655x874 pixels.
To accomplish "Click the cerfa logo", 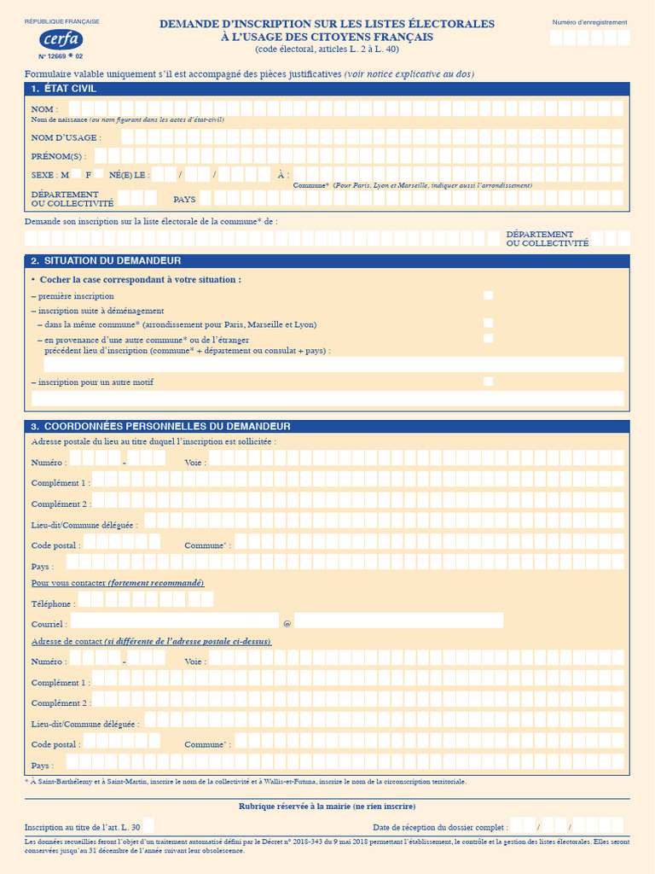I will click(x=61, y=39).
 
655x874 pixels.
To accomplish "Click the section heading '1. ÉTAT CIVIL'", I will click(x=64, y=89).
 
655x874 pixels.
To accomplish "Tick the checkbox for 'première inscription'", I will click(x=488, y=295).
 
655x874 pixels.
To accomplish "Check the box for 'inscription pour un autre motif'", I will click(x=488, y=382).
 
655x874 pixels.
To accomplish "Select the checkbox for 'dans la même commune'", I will click(x=488, y=323).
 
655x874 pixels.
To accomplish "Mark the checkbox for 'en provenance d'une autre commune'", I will click(x=488, y=339).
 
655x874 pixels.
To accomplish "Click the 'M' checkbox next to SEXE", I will click(x=77, y=174).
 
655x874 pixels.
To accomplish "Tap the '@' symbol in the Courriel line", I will click(x=287, y=624).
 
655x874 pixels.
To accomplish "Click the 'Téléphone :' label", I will click(x=52, y=603).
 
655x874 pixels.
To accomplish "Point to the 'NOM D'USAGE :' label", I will click(x=66, y=137).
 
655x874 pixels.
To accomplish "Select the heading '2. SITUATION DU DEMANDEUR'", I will click(x=106, y=260).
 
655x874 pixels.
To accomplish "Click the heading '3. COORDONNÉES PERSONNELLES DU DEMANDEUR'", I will click(x=160, y=426).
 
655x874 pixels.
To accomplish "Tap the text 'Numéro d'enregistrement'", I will click(x=589, y=22).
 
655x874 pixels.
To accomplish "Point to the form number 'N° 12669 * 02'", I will click(x=61, y=56).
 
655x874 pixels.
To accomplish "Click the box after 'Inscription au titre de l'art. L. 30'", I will click(x=148, y=825).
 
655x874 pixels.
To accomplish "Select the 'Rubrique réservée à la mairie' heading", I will click(x=327, y=807).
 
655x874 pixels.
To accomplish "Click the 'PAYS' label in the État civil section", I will click(x=184, y=199).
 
